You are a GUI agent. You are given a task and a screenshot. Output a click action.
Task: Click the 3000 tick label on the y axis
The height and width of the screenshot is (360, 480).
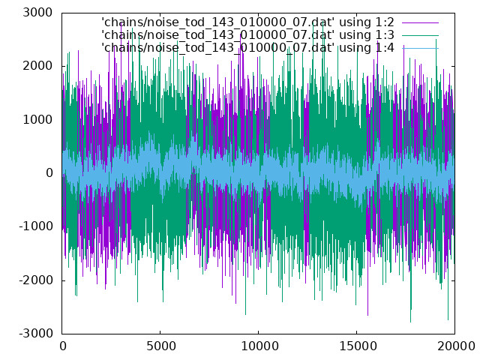point(37,13)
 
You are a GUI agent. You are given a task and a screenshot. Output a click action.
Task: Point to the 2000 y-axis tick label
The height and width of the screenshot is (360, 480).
point(37,66)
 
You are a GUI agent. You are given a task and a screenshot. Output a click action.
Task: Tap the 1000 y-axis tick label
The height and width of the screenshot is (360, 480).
point(37,119)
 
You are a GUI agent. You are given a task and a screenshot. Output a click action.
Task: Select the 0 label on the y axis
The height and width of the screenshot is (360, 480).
point(49,173)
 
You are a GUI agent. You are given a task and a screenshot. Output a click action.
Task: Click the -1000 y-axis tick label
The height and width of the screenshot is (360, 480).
point(36,226)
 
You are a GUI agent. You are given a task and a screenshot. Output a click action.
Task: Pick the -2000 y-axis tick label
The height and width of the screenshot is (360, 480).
point(36,280)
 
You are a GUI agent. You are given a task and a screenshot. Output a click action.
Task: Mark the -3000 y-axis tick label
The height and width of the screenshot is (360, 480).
point(36,333)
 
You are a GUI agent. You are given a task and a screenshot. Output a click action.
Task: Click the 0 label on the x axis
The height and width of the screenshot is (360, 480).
point(63,346)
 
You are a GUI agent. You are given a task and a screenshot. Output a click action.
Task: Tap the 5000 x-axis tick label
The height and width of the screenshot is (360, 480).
point(160,346)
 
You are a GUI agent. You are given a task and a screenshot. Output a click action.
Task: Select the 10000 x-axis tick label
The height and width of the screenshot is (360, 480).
point(259,346)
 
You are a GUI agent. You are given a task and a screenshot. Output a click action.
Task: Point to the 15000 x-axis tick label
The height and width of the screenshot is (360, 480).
point(358,346)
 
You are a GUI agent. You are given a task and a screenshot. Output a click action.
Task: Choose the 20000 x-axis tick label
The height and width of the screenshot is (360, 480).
point(456,346)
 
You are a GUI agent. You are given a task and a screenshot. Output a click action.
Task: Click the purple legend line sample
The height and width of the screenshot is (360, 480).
point(420,22)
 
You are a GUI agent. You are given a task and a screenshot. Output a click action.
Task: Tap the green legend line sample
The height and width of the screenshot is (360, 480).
point(420,35)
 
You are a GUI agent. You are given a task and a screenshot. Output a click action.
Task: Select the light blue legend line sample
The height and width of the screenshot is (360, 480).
point(420,48)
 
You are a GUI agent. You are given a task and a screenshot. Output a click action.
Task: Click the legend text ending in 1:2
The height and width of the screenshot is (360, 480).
point(247,22)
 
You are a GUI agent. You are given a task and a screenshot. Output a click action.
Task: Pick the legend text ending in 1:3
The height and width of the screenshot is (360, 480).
point(247,35)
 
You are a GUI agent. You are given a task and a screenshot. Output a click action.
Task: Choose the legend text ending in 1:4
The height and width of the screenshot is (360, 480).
point(247,48)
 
